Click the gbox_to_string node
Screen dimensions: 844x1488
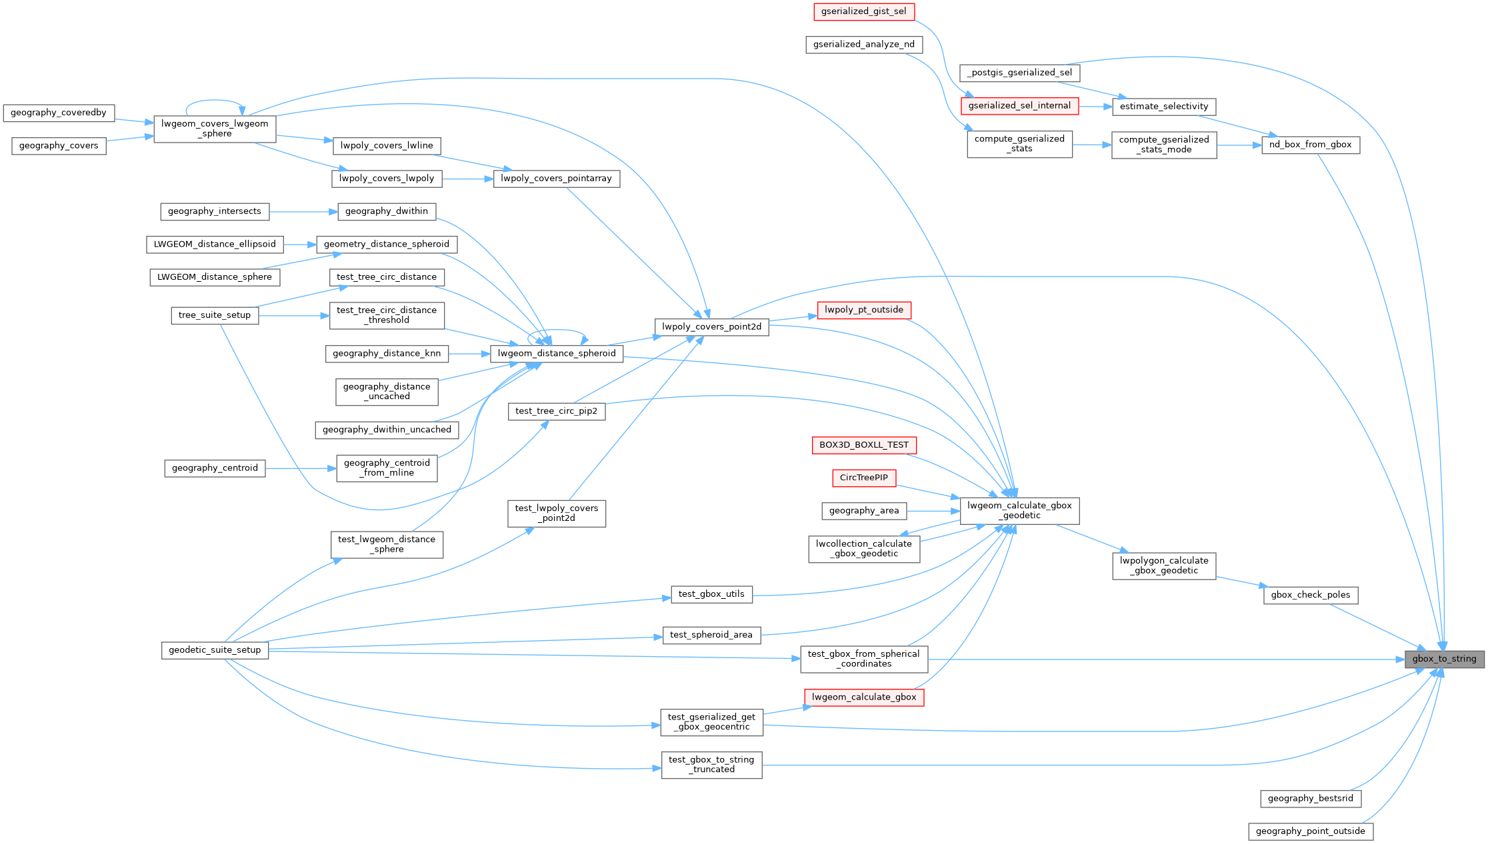point(1444,659)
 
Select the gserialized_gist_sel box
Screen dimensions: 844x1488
point(863,11)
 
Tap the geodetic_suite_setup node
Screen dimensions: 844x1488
point(215,650)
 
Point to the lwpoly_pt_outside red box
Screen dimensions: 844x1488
point(863,310)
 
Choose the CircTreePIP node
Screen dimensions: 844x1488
point(863,478)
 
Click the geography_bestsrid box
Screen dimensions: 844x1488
point(1310,798)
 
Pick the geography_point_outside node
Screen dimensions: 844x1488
point(1310,831)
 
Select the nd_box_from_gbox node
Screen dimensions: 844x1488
point(1310,145)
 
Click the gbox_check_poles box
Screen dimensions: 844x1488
point(1310,595)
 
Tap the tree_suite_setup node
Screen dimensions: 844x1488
point(215,315)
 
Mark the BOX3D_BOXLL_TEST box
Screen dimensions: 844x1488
point(863,445)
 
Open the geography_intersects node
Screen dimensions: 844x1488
point(215,211)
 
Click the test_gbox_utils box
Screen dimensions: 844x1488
point(711,594)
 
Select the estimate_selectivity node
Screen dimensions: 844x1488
point(1163,107)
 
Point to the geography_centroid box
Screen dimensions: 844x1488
point(215,468)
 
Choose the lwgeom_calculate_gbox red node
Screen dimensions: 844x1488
point(863,697)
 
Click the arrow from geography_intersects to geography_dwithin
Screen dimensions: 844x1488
point(303,212)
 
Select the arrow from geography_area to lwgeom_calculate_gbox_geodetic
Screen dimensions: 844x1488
point(933,511)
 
